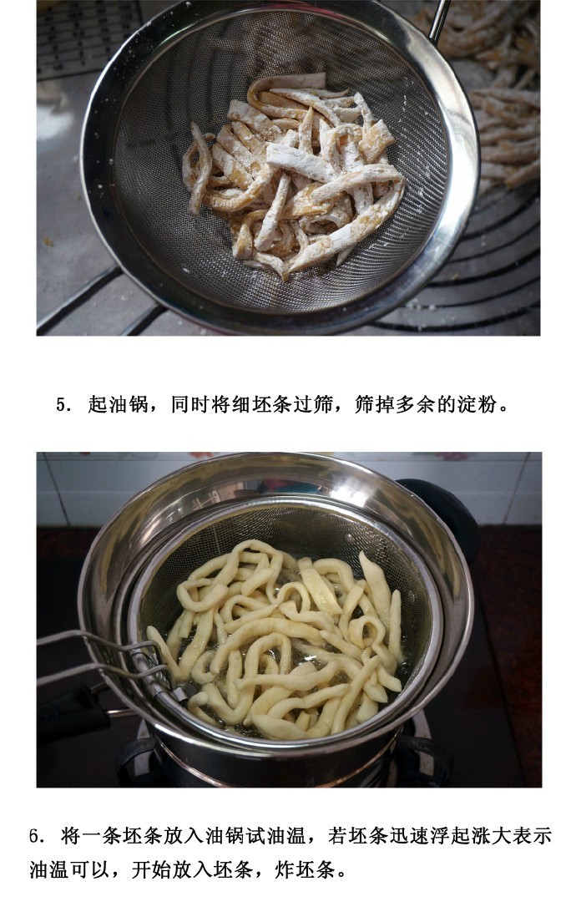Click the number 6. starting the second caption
(x=37, y=835)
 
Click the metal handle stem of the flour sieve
(x=439, y=19)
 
